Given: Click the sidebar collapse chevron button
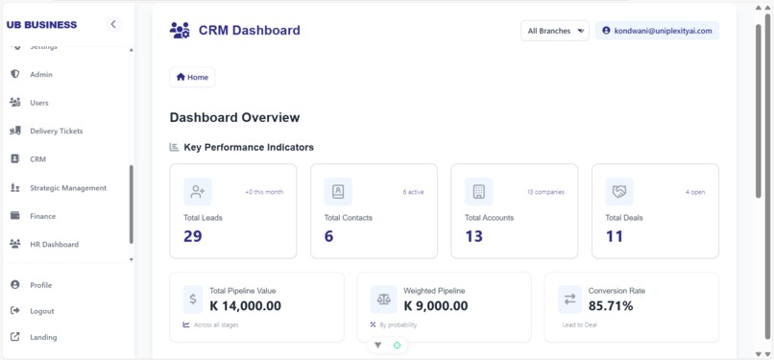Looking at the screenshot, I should pyautogui.click(x=113, y=24).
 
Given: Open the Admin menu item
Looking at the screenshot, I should pyautogui.click(x=40, y=74).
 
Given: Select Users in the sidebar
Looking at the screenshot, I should pyautogui.click(x=38, y=103).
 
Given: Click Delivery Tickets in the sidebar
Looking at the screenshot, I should pyautogui.click(x=56, y=131).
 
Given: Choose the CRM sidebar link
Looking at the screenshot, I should pyautogui.click(x=37, y=159).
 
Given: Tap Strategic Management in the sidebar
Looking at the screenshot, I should pyautogui.click(x=67, y=188).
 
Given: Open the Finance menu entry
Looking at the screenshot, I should pyautogui.click(x=42, y=216).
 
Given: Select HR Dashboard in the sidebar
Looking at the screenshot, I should pyautogui.click(x=54, y=245).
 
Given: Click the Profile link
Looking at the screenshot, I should pyautogui.click(x=40, y=285).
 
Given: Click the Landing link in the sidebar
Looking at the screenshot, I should pyautogui.click(x=42, y=337).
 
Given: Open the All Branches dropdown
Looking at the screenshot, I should pyautogui.click(x=555, y=31).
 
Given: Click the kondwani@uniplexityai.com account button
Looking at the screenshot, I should pyautogui.click(x=657, y=31).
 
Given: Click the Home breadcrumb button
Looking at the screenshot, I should pyautogui.click(x=192, y=77).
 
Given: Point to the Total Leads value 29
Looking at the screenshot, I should pyautogui.click(x=193, y=236).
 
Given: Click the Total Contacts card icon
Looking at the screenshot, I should pyautogui.click(x=338, y=192).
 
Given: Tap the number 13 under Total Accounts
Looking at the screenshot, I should pyautogui.click(x=473, y=236).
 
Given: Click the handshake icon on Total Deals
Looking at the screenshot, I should pyautogui.click(x=619, y=192).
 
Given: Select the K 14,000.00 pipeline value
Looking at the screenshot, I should pyautogui.click(x=245, y=306).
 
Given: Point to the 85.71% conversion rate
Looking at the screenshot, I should pyautogui.click(x=611, y=306).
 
